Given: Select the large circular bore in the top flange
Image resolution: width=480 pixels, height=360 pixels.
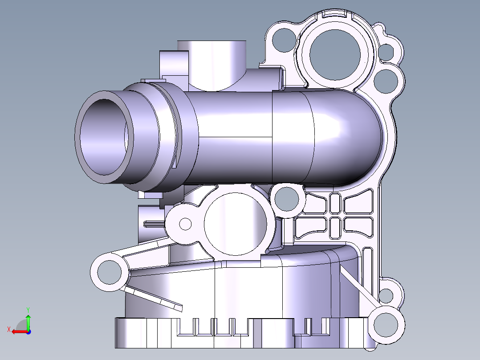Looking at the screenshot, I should tap(335, 55).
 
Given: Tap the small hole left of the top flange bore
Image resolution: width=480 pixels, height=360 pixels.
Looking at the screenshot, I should tap(282, 41).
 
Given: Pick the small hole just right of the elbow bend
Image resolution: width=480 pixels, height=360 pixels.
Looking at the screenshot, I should tap(386, 80).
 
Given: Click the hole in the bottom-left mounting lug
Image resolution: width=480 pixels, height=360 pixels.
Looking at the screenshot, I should tap(108, 270).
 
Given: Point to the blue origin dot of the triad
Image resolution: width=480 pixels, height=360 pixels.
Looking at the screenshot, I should tap(28, 331).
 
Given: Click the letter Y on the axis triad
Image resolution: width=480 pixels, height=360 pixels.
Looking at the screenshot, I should tap(28, 309).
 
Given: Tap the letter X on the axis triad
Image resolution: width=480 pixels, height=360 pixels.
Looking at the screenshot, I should tap(8, 329).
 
